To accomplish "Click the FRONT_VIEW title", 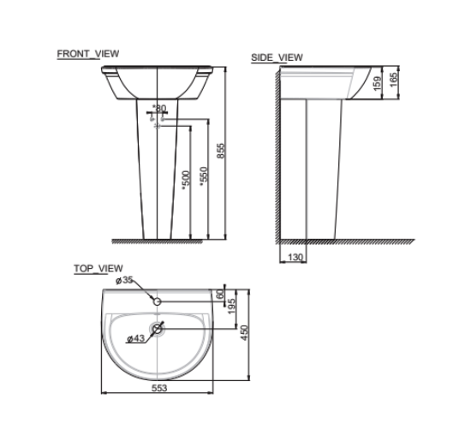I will (x=87, y=53).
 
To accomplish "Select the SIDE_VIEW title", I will (x=277, y=58).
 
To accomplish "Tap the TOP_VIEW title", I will (x=98, y=268).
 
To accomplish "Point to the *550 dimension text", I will (x=203, y=175).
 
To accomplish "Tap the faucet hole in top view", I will (x=158, y=301).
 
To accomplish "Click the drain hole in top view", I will (x=158, y=329).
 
